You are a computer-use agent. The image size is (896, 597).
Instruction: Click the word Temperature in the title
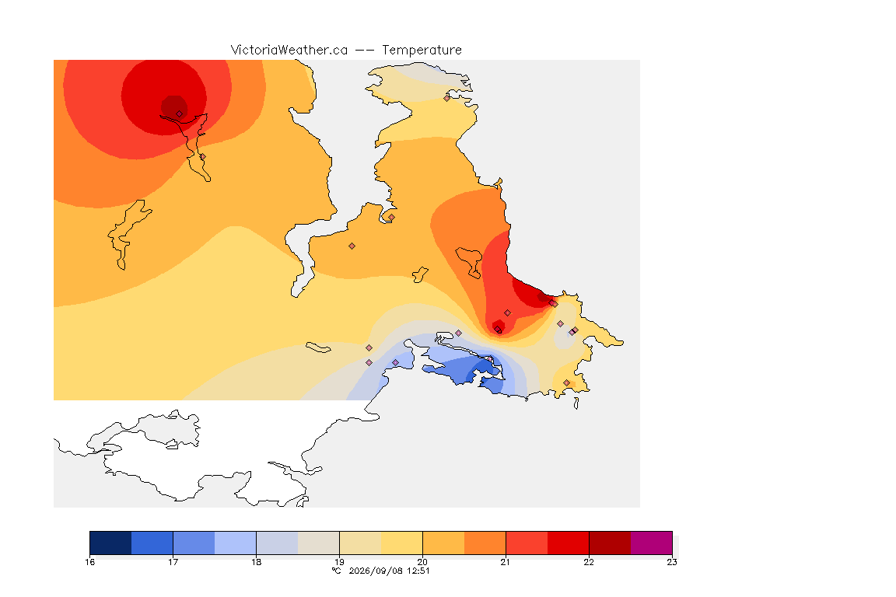422,51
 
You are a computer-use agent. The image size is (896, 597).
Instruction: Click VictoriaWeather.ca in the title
289,51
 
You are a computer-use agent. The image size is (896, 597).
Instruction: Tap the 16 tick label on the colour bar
89,562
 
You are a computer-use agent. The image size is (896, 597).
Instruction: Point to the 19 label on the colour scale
339,562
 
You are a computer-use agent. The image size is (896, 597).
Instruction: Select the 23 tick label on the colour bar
672,562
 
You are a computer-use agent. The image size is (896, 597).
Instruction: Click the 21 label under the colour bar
506,562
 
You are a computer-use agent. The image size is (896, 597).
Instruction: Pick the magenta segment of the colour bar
652,543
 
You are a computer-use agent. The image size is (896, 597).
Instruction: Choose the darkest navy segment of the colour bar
111,543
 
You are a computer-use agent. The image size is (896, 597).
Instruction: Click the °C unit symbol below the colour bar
336,571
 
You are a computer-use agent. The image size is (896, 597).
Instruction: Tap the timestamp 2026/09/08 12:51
389,571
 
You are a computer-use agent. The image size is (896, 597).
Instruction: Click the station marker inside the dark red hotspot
179,114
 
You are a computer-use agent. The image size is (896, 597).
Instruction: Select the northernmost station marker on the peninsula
447,98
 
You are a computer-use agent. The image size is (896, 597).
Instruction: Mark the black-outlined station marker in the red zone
499,330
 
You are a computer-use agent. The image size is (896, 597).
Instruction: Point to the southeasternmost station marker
566,382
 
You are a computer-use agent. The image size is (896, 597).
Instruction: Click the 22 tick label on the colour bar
589,562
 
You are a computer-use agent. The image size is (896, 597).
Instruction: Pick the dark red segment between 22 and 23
610,543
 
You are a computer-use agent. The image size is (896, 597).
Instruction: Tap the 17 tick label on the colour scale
173,562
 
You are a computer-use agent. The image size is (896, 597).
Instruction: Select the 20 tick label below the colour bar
422,562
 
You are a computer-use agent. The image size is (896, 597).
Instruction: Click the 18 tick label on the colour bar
256,562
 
